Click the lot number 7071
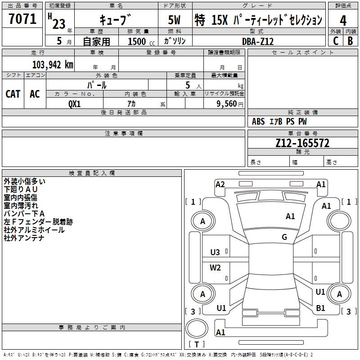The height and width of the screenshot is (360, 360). point(22,20)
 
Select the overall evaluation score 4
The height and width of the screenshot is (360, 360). point(343,20)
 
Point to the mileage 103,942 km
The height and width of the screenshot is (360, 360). point(52,64)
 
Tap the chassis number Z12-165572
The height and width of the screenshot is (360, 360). point(302,144)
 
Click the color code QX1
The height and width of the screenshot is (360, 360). point(74,103)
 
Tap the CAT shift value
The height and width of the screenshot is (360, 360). point(13,94)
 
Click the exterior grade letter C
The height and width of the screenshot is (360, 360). point(335,41)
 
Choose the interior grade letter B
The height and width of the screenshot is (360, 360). point(350,41)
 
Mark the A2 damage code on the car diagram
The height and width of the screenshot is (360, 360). point(220,184)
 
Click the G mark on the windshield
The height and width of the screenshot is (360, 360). point(284,237)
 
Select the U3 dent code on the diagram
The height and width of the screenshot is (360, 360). point(215,252)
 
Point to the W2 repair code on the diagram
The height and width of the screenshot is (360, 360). point(215,268)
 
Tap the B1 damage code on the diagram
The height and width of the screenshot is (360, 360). point(320,308)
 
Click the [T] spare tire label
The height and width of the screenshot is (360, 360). point(196,345)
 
